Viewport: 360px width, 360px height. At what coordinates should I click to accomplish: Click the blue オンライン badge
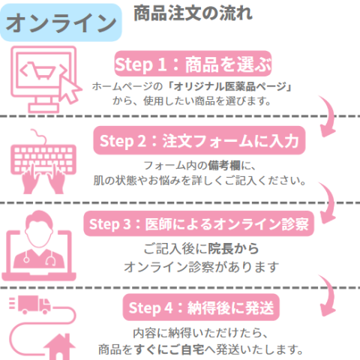(61, 23)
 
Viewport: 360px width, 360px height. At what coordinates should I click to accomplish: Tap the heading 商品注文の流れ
(192, 13)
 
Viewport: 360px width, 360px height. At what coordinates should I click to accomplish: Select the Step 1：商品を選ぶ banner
(192, 61)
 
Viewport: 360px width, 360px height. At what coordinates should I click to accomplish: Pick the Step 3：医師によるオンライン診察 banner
(199, 223)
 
